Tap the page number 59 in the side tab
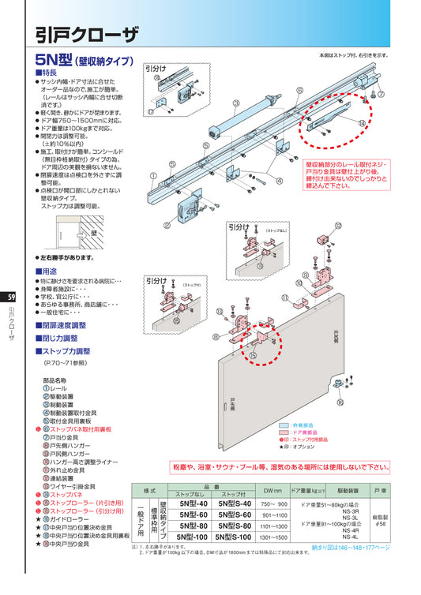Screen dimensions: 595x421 10,297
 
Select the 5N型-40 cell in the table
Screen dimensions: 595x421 194,503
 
